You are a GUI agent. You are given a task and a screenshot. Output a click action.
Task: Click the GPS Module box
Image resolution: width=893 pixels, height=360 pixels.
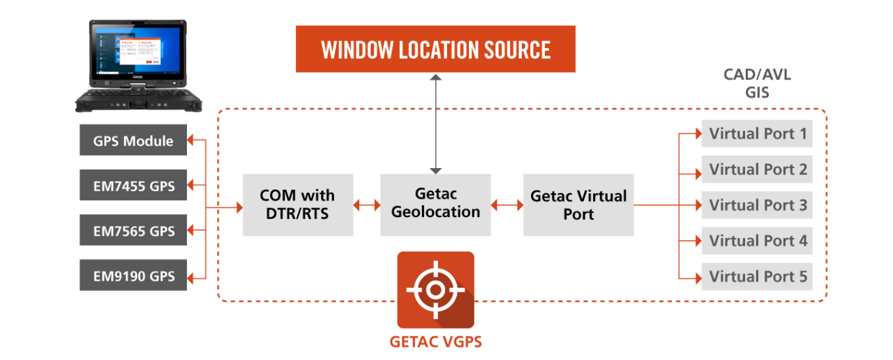coord(133,140)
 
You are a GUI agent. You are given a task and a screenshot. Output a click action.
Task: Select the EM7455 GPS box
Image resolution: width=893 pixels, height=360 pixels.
coord(133,185)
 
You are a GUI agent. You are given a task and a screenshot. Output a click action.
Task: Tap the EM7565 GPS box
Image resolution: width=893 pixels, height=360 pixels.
coord(133,230)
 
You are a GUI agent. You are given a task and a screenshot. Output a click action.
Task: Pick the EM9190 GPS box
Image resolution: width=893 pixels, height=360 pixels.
coord(133,275)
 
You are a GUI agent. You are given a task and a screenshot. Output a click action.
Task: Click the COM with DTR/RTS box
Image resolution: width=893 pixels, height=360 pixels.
coord(298,205)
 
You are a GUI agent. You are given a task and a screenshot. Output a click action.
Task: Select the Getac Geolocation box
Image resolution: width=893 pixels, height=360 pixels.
coord(435,205)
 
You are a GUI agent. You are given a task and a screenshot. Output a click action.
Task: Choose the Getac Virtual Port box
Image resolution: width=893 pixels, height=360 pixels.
coord(578,205)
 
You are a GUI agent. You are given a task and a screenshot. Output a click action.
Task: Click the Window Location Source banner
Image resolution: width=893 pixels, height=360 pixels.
coord(435,49)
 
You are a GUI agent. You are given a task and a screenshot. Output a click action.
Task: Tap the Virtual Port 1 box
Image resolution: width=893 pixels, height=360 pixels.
coord(757,133)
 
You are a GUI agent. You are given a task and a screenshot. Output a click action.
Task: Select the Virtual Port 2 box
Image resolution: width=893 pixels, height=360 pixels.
coord(757,170)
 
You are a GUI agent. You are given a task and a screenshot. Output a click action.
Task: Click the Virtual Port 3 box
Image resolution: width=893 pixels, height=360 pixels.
coord(757,205)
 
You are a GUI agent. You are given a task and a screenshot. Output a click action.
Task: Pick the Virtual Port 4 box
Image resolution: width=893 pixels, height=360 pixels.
coord(757,241)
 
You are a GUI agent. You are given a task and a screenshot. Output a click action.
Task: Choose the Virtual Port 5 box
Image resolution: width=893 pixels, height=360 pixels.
coord(757,276)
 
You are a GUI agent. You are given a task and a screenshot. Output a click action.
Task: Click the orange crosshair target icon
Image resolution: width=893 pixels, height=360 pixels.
coord(436,290)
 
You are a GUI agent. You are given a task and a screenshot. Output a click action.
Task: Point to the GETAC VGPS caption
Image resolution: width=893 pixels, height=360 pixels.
coord(436,342)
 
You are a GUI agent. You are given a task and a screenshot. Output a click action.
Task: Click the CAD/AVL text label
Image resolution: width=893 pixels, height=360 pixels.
coord(757,75)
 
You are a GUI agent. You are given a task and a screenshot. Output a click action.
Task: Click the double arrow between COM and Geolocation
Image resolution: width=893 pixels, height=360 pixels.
coord(367,205)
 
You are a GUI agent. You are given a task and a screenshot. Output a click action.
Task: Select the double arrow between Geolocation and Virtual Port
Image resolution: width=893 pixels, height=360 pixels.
coord(507,205)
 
